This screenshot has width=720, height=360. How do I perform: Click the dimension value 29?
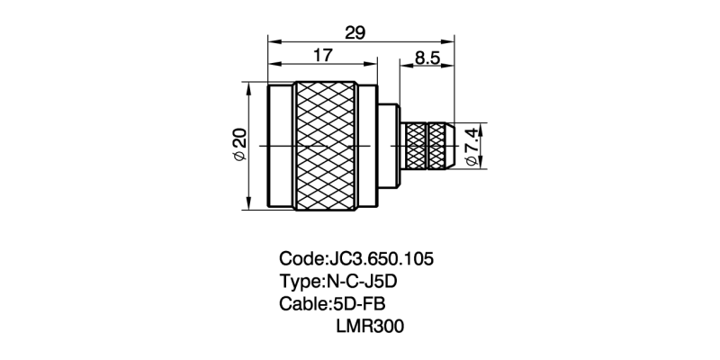(x=355, y=32)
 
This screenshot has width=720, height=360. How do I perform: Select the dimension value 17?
(x=322, y=56)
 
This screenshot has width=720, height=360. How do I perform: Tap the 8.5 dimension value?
(x=427, y=58)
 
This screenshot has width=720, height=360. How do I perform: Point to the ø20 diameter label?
(x=240, y=145)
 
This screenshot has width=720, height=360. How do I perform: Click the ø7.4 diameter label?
(x=472, y=147)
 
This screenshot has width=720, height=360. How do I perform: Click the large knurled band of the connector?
(x=326, y=146)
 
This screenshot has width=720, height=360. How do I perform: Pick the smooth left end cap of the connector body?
(x=281, y=146)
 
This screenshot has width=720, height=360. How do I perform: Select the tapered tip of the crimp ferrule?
(x=450, y=146)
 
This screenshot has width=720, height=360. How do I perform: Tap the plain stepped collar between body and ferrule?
(x=389, y=146)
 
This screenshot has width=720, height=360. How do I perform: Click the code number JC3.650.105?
(x=381, y=259)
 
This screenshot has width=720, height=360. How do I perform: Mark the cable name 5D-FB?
(x=357, y=303)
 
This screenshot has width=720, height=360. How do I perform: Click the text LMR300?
(x=370, y=326)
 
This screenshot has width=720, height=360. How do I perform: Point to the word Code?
(x=301, y=259)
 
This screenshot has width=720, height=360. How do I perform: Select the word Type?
(x=301, y=282)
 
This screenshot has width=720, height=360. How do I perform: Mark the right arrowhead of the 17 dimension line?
(x=371, y=64)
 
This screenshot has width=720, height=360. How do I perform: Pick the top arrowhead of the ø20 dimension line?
(x=248, y=88)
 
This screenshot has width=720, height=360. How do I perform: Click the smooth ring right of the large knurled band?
(x=367, y=146)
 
